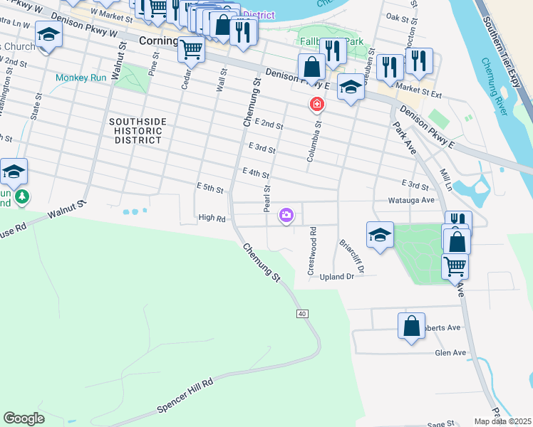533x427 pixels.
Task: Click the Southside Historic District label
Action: coord(138,131)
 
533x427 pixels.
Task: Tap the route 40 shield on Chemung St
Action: coord(303,314)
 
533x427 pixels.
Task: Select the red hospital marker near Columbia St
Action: coord(316,105)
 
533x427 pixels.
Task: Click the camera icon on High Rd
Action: coord(286,215)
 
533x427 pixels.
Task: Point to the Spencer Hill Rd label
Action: coord(185,394)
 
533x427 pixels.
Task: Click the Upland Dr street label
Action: coord(337,276)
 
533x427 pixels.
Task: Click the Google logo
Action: coord(24,418)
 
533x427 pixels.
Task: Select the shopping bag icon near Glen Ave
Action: coord(412,327)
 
